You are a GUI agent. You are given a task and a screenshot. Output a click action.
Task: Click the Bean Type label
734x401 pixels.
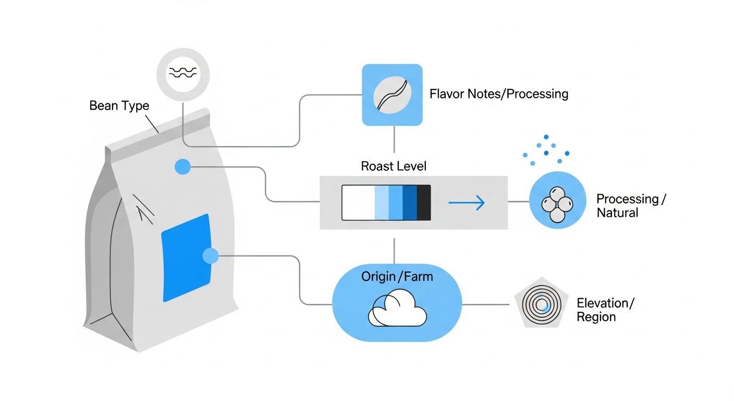pos(119,105)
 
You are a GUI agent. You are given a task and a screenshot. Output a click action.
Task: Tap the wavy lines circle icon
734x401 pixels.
pos(183,75)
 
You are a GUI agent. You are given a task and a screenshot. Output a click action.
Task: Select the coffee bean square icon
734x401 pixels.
pos(392,95)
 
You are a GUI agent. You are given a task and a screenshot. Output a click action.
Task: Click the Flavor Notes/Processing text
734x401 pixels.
pos(499,94)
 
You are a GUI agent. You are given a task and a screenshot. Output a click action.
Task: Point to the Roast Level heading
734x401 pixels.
pos(394,166)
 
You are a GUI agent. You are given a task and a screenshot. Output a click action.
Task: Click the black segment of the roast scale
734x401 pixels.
pos(424,203)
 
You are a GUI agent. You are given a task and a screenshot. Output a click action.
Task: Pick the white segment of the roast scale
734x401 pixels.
pos(358,203)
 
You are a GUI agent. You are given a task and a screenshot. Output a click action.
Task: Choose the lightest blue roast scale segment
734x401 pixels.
pos(382,203)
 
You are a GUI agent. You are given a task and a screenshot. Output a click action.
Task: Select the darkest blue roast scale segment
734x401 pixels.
pos(410,203)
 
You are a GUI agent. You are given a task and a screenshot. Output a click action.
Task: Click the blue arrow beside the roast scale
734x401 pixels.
pos(467,203)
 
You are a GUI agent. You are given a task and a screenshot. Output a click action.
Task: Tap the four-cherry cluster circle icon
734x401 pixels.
pos(557,200)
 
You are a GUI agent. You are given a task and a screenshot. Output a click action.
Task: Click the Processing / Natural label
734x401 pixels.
pos(631,206)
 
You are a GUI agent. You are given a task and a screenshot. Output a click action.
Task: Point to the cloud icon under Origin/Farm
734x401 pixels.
pos(397,308)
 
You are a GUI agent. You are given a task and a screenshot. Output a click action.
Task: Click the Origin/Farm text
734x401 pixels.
pos(397,277)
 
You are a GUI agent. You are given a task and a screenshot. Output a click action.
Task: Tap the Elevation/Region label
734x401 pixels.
pos(605,310)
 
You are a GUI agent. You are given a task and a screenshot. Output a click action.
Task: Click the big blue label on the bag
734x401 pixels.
pos(186,258)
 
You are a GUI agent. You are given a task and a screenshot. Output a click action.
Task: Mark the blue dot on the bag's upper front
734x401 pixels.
pos(182,167)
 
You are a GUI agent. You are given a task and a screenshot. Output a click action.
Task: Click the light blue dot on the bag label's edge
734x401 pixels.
pos(211,256)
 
